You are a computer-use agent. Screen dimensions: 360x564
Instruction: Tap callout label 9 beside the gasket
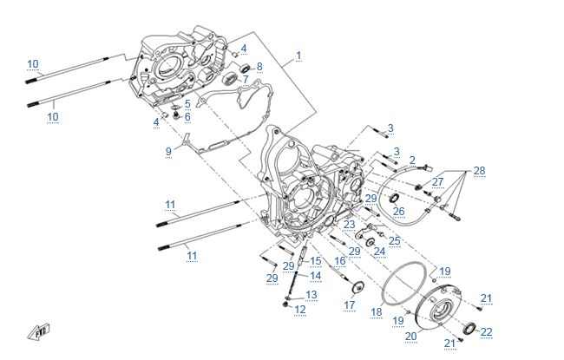click(169, 152)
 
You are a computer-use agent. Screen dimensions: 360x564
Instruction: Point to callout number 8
click(259, 66)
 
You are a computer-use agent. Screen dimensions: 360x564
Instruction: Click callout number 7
click(246, 80)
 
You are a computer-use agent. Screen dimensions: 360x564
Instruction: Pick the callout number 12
click(300, 309)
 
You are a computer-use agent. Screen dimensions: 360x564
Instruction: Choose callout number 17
click(350, 304)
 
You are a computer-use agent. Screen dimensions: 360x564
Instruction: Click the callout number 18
click(377, 311)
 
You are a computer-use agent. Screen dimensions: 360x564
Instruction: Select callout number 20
click(411, 336)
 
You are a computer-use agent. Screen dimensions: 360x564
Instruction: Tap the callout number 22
click(487, 331)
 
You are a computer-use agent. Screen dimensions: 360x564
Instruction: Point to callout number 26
click(398, 211)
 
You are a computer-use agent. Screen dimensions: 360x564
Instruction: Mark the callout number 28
click(479, 170)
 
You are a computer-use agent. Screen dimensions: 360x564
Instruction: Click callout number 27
click(438, 182)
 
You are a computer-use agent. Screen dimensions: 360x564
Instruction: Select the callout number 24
click(379, 251)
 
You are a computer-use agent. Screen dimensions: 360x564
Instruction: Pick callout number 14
click(316, 276)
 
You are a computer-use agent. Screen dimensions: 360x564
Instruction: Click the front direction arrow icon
click(41, 330)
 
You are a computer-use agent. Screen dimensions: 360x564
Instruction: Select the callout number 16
click(340, 259)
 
